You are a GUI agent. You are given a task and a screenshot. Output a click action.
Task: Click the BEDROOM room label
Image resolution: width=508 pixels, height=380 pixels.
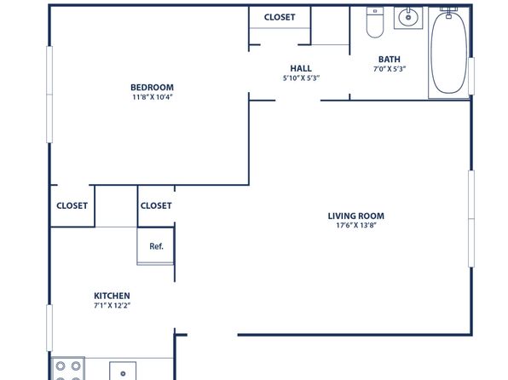(x=152, y=87)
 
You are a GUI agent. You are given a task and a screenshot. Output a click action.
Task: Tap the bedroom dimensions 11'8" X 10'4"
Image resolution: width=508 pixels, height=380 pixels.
(x=152, y=97)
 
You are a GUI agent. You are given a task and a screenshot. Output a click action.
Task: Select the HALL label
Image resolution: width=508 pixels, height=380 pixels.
(x=301, y=68)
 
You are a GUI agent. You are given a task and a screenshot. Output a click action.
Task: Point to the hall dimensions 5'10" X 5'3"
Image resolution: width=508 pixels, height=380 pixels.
(x=301, y=78)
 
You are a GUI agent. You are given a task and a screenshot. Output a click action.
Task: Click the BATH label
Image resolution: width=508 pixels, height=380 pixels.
(x=390, y=60)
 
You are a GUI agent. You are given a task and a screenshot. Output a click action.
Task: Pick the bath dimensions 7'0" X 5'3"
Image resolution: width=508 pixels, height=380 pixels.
(x=390, y=69)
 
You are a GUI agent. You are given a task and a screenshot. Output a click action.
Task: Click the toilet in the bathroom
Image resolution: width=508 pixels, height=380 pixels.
(x=375, y=22)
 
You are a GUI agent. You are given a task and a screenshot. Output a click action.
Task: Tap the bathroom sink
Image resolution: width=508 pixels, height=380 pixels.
(x=408, y=18)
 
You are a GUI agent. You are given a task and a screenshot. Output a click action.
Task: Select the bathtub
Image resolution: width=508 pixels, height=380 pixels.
(x=449, y=53)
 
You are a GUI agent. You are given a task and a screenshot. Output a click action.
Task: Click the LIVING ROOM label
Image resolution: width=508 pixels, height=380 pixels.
(x=356, y=216)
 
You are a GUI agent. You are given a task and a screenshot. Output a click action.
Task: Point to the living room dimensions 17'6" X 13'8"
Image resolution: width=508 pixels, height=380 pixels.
(x=356, y=225)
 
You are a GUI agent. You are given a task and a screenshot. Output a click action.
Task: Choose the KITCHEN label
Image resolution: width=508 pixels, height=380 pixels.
(x=112, y=296)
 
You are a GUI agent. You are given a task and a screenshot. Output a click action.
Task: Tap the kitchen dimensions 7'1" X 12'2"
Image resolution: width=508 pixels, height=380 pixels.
(x=113, y=305)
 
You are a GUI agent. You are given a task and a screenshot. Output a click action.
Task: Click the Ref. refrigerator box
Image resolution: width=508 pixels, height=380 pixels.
(x=156, y=246)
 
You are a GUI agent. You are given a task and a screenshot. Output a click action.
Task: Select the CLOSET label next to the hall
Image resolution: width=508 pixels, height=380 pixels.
(x=280, y=17)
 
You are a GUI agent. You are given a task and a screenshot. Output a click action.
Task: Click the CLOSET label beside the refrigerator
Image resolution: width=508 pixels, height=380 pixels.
(x=156, y=205)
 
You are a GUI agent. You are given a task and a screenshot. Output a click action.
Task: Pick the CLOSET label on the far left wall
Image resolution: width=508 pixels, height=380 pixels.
(x=72, y=205)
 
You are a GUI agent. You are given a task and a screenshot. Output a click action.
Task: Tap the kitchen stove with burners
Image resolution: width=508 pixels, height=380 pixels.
(x=68, y=369)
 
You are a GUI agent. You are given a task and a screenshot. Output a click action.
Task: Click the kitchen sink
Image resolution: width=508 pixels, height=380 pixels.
(x=123, y=371)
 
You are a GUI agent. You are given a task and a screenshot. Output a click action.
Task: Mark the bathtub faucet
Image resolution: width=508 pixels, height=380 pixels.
(x=448, y=13)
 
